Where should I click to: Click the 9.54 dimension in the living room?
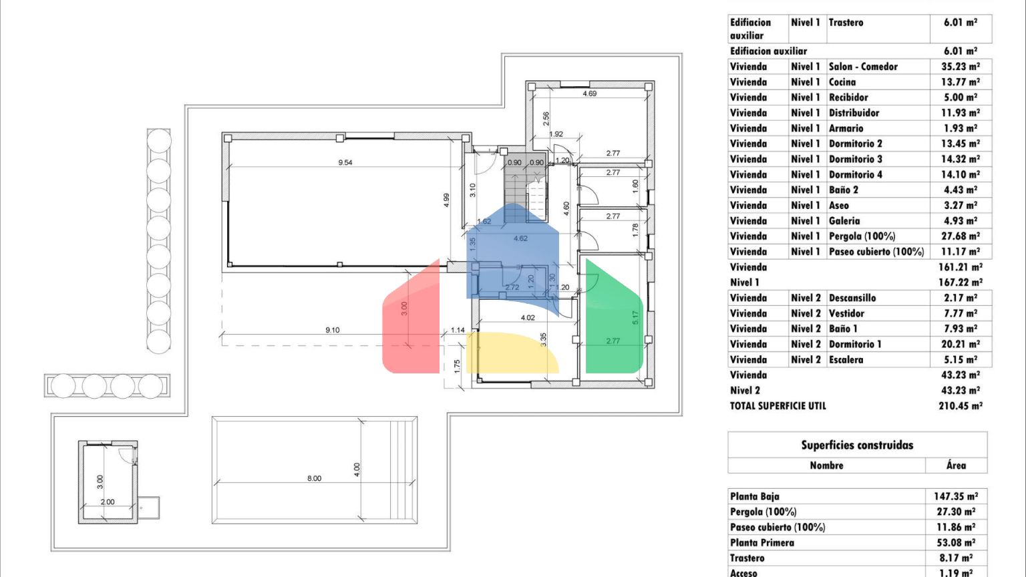pyautogui.click(x=345, y=162)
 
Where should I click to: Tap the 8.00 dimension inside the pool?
pyautogui.click(x=314, y=479)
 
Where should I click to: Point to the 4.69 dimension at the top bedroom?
pyautogui.click(x=590, y=93)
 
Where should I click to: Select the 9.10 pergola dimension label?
pyautogui.click(x=332, y=330)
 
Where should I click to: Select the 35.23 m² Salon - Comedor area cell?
pyautogui.click(x=961, y=66)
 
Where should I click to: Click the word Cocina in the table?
pyautogui.click(x=842, y=82)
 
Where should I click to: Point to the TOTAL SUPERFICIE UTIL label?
pyautogui.click(x=778, y=406)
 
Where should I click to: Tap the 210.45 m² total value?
pyautogui.click(x=961, y=406)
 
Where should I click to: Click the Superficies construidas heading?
pyautogui.click(x=857, y=445)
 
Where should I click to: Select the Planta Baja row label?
pyautogui.click(x=754, y=496)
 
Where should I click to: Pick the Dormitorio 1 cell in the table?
pyautogui.click(x=855, y=345)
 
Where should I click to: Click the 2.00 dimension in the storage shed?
pyautogui.click(x=107, y=502)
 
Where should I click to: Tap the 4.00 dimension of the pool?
pyautogui.click(x=357, y=470)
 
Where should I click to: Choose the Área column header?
pyautogui.click(x=957, y=465)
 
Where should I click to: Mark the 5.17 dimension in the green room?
pyautogui.click(x=635, y=318)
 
